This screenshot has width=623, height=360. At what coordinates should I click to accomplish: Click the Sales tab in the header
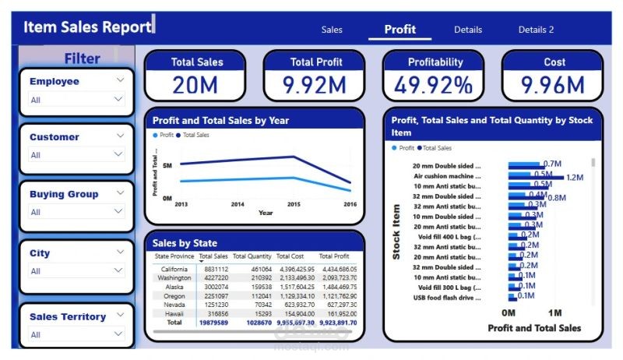[332, 30]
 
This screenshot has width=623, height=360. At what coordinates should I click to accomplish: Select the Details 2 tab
[536, 30]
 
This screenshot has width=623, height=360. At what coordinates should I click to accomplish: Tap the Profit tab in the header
[399, 30]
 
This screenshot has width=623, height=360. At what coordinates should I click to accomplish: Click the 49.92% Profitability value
[433, 85]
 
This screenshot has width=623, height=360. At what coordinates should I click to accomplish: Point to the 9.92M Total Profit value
[314, 85]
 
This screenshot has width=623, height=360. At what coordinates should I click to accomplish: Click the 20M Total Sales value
[195, 85]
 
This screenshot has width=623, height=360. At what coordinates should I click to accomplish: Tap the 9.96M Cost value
[552, 85]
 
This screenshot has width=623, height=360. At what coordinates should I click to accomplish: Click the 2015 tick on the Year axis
[293, 204]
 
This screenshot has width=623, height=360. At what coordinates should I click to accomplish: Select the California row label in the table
[174, 269]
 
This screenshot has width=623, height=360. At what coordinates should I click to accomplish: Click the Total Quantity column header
[252, 256]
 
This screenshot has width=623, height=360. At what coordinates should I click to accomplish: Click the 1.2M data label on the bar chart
[575, 178]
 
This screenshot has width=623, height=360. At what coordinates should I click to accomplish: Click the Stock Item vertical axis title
[396, 232]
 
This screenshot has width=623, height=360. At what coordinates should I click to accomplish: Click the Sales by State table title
[185, 243]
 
